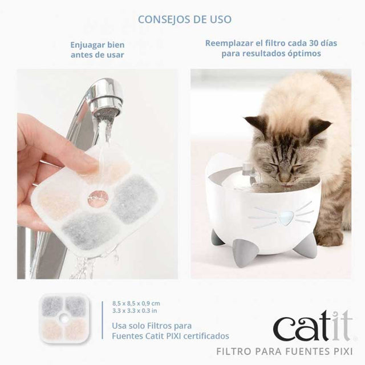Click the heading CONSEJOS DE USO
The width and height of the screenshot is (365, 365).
184,19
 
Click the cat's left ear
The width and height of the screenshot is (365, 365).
257,124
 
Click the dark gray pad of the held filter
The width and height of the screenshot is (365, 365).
133,191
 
